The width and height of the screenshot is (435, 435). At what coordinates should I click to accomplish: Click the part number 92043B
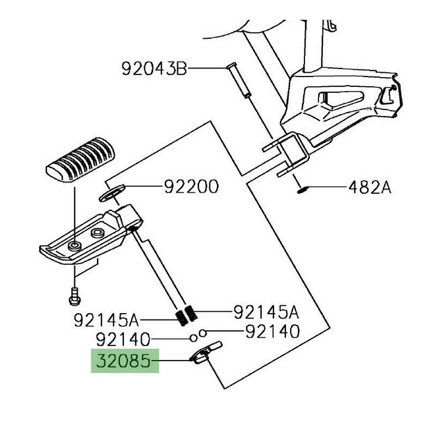154,68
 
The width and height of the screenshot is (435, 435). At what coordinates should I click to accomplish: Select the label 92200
191,188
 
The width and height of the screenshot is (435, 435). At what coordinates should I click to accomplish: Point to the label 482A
369,188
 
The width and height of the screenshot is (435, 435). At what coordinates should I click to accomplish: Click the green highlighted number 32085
125,361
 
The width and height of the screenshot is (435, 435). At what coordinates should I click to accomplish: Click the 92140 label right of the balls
272,332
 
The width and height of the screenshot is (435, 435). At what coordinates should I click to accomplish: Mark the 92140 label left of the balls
125,340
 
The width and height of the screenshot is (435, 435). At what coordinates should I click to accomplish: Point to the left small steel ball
193,338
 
